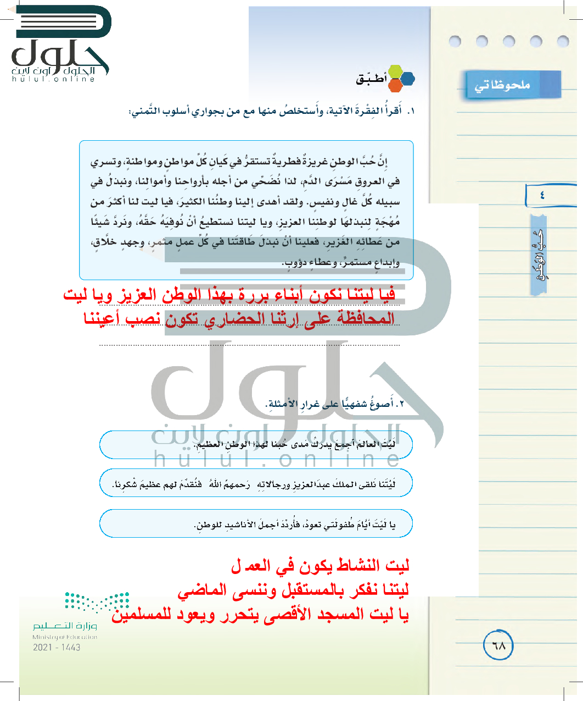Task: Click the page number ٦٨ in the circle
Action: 498,646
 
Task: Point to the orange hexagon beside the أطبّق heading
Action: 396,86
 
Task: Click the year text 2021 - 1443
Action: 57,648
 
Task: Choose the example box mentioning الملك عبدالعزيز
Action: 256,484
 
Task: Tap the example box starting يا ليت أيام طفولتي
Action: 256,524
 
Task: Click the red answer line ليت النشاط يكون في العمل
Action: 320,566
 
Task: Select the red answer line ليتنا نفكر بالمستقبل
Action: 293,590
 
